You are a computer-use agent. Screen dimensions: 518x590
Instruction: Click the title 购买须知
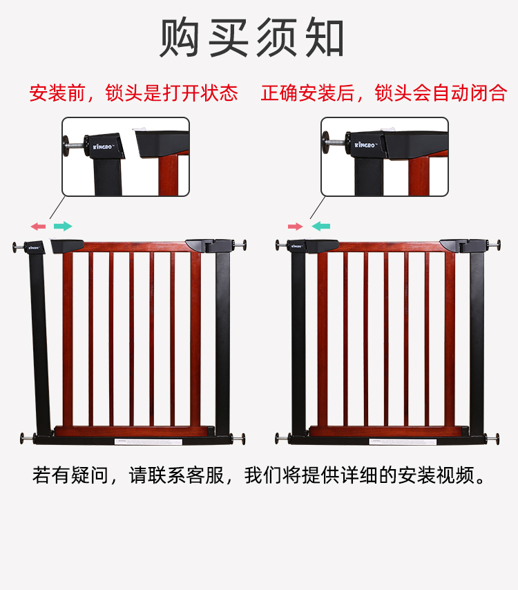click(251, 37)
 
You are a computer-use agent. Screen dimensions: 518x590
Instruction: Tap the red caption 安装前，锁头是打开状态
click(133, 93)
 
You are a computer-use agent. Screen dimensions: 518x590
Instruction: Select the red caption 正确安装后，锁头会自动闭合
click(384, 93)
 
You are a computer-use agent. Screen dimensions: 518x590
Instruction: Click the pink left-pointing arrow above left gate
click(38, 226)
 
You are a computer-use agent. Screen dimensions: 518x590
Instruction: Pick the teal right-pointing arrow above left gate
click(63, 226)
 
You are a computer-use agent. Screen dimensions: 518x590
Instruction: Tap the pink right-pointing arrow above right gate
click(296, 226)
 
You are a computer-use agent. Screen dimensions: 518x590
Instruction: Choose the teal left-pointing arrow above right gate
click(321, 226)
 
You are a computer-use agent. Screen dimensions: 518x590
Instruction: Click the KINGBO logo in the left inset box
click(103, 146)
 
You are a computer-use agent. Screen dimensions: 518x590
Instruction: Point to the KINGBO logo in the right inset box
click(365, 144)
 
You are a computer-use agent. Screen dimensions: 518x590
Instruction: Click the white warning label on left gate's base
click(148, 441)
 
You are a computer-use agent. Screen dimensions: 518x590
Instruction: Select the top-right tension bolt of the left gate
click(240, 245)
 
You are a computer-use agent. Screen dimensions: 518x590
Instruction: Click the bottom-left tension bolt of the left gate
click(28, 439)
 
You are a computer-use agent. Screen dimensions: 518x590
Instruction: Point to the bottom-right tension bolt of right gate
click(492, 439)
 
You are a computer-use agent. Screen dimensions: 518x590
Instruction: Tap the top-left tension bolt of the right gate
click(282, 246)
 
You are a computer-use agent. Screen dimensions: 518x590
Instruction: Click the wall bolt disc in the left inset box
click(66, 146)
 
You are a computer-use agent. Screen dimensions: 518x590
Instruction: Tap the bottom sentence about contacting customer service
click(259, 475)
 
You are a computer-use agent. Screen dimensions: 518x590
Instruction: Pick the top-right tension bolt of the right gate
click(494, 245)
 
